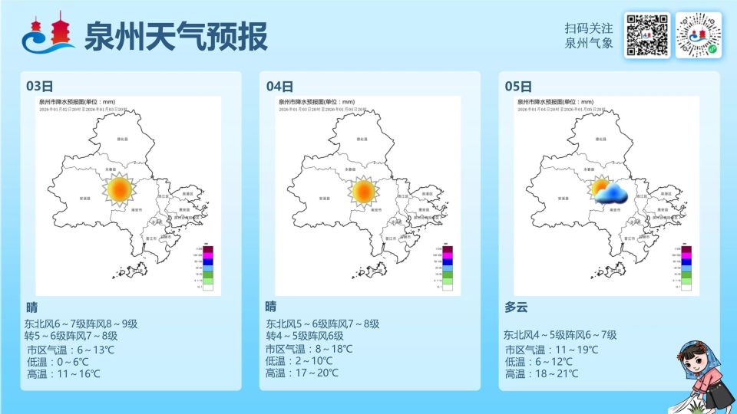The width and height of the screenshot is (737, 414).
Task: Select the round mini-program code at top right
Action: pyautogui.click(x=698, y=35)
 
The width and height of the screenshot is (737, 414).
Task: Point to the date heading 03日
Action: pyautogui.click(x=39, y=86)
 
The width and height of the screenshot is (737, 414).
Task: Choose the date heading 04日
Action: pyautogui.click(x=279, y=86)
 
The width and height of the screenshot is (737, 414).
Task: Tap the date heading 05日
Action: pyautogui.click(x=518, y=86)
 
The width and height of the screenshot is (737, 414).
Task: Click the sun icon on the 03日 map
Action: pyautogui.click(x=119, y=190)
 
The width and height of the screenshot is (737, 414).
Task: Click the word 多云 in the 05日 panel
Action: pyautogui.click(x=516, y=307)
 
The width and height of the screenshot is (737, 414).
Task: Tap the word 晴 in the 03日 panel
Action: pyautogui.click(x=31, y=307)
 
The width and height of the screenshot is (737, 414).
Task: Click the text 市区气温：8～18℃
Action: pyautogui.click(x=309, y=349)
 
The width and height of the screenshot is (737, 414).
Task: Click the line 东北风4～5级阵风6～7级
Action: pyautogui.click(x=560, y=335)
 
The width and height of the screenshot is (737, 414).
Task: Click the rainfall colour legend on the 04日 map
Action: pyautogui.click(x=447, y=268)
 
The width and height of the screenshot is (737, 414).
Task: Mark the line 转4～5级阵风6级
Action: pyautogui.click(x=315, y=336)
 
